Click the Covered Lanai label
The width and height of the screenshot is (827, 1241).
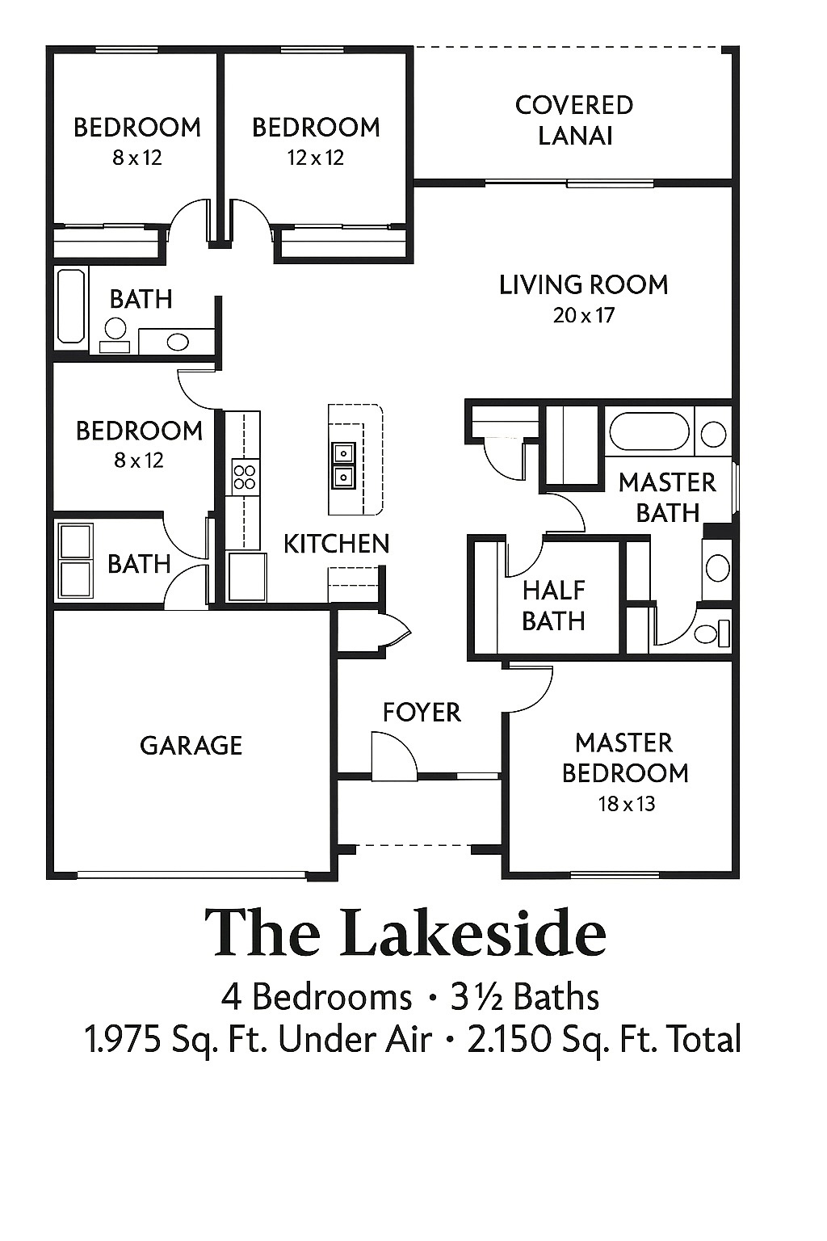(574, 120)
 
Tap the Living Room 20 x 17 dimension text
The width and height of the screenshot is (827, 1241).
(584, 316)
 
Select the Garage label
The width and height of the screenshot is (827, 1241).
(191, 746)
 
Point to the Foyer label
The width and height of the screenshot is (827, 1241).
(422, 713)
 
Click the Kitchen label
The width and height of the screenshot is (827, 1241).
(337, 544)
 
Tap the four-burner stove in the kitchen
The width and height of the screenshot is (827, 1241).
(245, 477)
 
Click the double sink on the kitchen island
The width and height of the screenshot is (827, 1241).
(344, 466)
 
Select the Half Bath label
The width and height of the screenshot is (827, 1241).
(554, 605)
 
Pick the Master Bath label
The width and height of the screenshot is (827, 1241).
(667, 498)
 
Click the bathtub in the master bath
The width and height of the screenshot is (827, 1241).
(649, 431)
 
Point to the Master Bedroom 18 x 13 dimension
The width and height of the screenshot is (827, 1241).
(627, 804)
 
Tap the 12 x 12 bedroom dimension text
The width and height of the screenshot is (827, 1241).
(316, 158)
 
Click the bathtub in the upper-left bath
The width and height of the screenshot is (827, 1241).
(72, 306)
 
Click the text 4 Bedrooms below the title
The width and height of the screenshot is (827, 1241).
(317, 997)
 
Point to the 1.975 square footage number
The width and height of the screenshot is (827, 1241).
(123, 1039)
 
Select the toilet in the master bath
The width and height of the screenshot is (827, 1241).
(712, 633)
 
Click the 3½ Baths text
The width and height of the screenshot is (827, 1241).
(525, 997)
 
